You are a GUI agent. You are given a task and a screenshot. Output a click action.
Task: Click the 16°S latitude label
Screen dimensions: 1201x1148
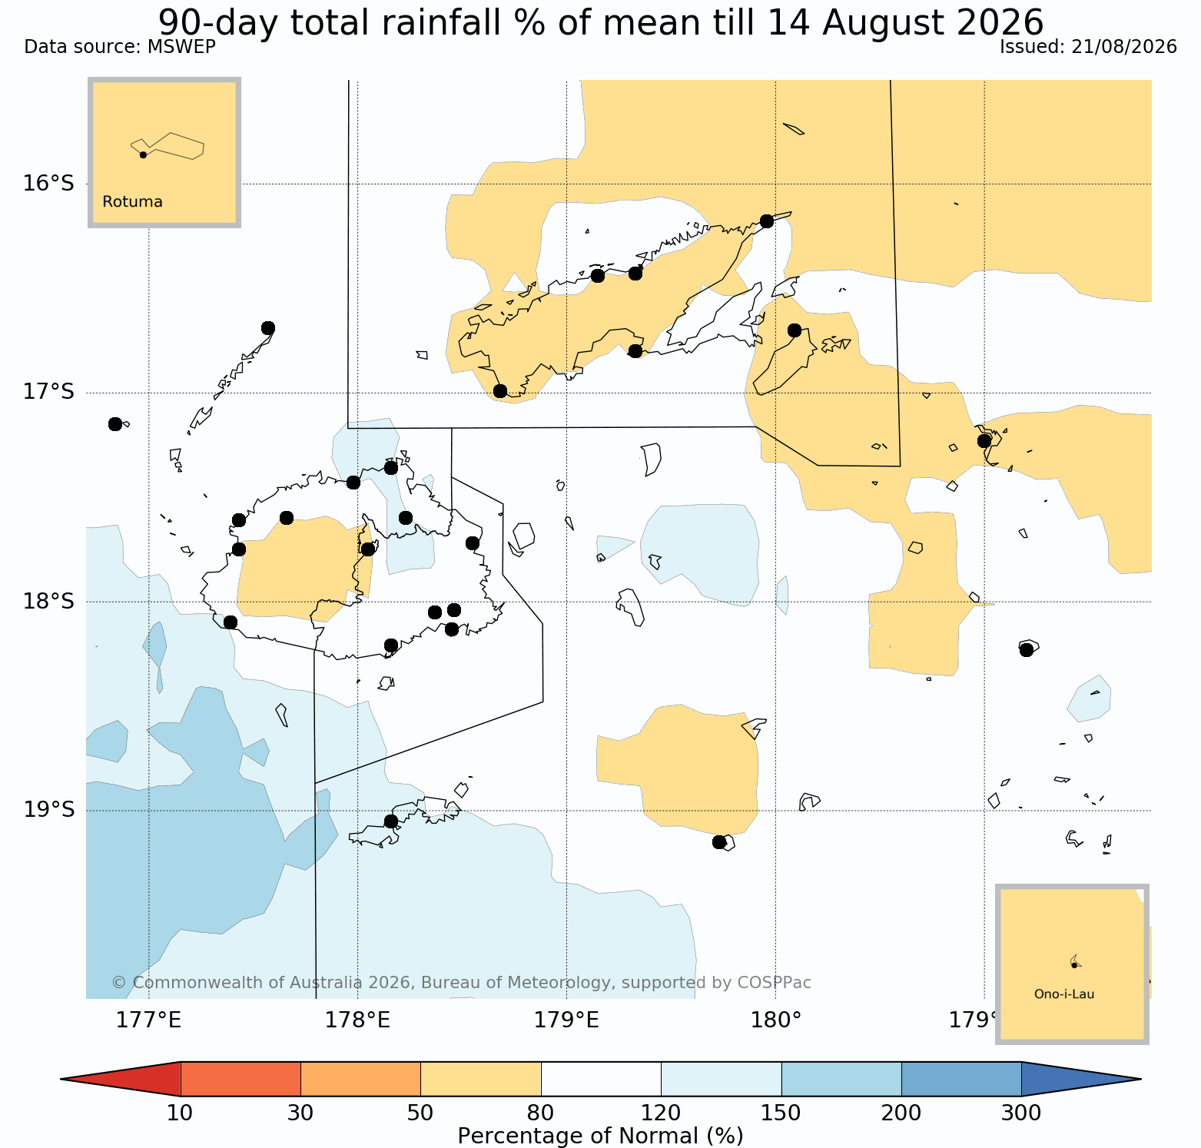(49, 184)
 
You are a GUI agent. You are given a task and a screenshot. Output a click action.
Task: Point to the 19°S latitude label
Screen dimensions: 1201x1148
(49, 811)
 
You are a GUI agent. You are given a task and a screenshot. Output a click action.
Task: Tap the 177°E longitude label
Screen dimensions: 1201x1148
(149, 1020)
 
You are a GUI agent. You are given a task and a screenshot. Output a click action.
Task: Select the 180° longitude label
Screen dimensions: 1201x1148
(776, 1020)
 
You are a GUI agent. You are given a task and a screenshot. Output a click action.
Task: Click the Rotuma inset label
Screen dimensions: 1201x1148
(132, 202)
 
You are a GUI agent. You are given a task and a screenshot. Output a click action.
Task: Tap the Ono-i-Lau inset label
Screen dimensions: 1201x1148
(1064, 994)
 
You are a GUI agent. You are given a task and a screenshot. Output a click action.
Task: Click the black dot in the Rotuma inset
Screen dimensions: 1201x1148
(143, 154)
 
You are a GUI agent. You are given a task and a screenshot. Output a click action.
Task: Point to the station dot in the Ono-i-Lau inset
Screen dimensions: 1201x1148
(1074, 965)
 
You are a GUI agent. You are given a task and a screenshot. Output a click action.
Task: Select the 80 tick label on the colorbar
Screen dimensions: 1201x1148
(541, 1113)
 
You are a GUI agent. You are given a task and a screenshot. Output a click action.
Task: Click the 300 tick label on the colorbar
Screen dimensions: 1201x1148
(1021, 1113)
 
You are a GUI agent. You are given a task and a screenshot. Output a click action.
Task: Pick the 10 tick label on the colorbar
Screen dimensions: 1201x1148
(180, 1113)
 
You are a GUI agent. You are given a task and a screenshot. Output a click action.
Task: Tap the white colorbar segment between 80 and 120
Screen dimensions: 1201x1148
(601, 1079)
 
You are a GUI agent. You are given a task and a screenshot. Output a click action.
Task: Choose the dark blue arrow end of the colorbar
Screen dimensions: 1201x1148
(1076, 1079)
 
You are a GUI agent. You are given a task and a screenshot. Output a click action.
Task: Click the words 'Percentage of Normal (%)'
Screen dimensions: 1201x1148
(600, 1136)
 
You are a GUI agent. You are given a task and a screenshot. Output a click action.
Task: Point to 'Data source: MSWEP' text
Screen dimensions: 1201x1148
(120, 47)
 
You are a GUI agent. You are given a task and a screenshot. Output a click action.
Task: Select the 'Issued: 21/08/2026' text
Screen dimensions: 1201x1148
(1088, 47)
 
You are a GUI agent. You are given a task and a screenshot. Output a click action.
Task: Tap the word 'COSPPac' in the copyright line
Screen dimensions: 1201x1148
(775, 983)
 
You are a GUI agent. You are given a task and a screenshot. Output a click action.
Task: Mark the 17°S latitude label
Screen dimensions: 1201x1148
(49, 393)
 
